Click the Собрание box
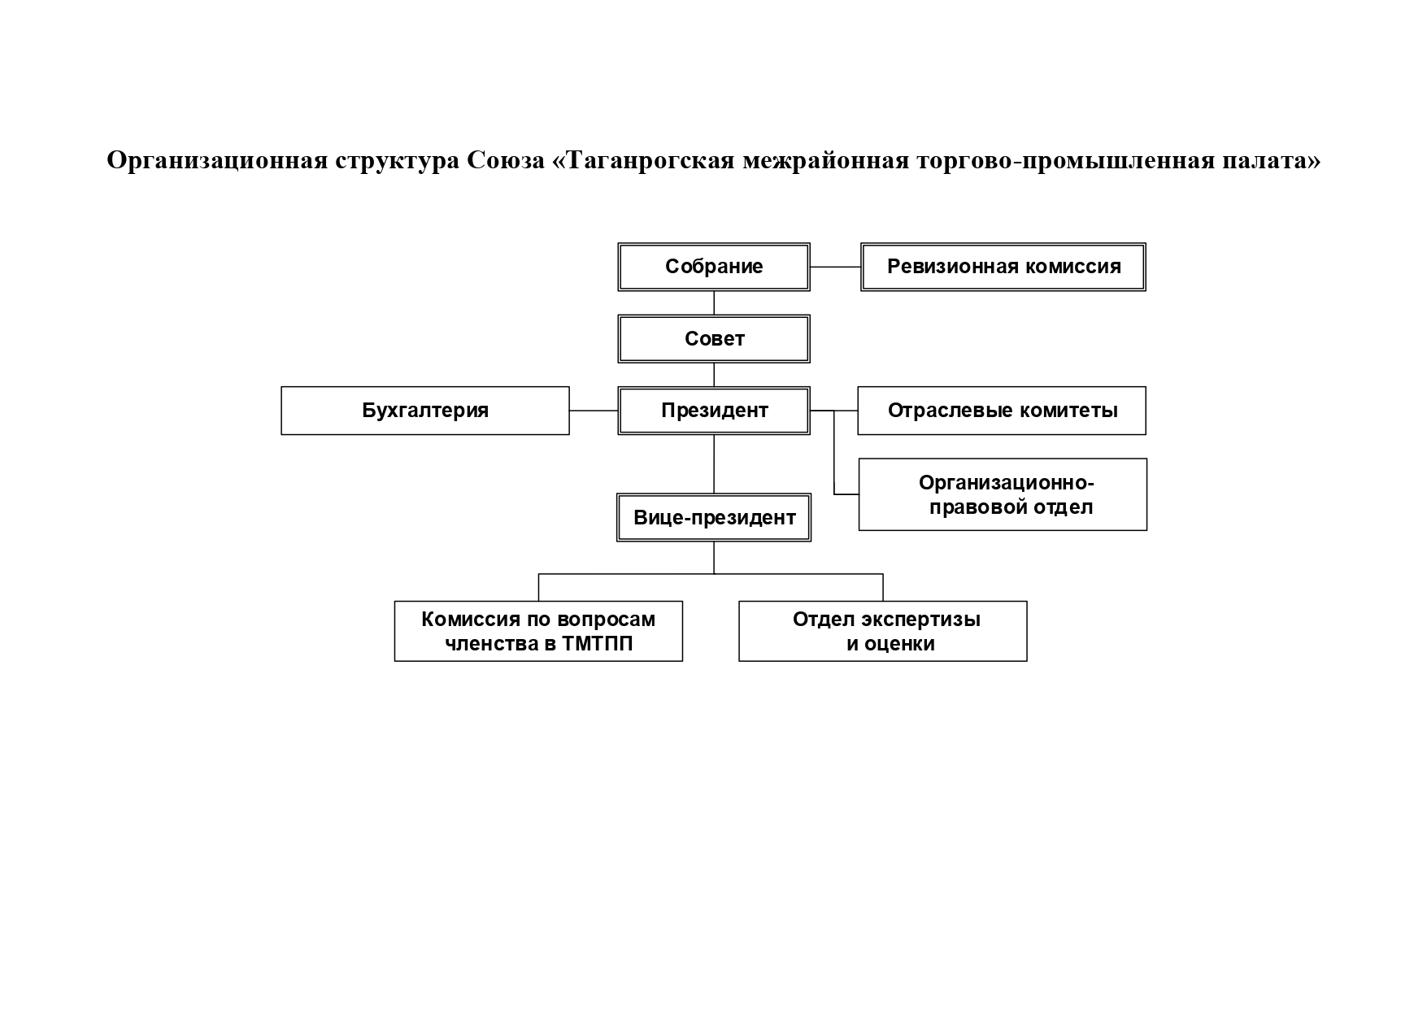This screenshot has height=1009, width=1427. (x=713, y=267)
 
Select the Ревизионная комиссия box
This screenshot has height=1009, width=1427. (x=1003, y=267)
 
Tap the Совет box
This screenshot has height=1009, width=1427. (x=713, y=339)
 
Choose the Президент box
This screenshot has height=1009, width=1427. (x=713, y=411)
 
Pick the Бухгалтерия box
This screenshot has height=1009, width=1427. (x=424, y=411)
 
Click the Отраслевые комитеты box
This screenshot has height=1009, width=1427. (x=1001, y=411)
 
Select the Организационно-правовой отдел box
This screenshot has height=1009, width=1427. (x=1002, y=494)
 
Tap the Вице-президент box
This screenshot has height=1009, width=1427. (x=713, y=517)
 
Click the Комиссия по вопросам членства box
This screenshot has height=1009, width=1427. (x=537, y=631)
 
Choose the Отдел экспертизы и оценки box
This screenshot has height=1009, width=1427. (x=882, y=631)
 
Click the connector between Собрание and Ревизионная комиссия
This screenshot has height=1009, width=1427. (x=835, y=267)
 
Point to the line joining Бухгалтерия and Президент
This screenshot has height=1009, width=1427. (x=593, y=411)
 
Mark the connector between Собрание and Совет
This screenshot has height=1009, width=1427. (x=714, y=302)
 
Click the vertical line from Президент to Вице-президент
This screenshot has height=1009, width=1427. (x=714, y=463)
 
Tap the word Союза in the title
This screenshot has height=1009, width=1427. (x=506, y=161)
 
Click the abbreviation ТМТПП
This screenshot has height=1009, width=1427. (x=597, y=644)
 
